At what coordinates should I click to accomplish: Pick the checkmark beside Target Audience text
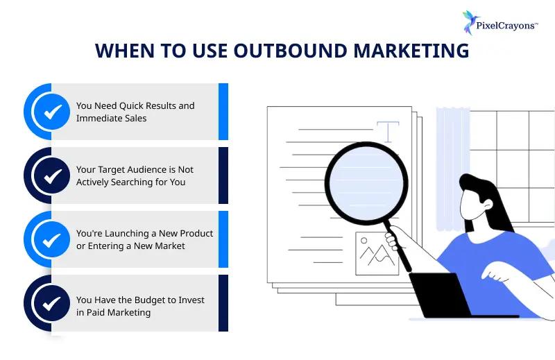pyautogui.click(x=52, y=175)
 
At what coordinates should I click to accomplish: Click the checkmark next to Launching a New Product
pyautogui.click(x=52, y=239)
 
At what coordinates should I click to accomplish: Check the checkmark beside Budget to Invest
pyautogui.click(x=52, y=303)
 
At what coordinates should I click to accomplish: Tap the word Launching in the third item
pyautogui.click(x=133, y=234)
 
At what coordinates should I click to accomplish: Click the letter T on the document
pyautogui.click(x=388, y=131)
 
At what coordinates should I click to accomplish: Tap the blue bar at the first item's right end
pyautogui.click(x=223, y=112)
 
